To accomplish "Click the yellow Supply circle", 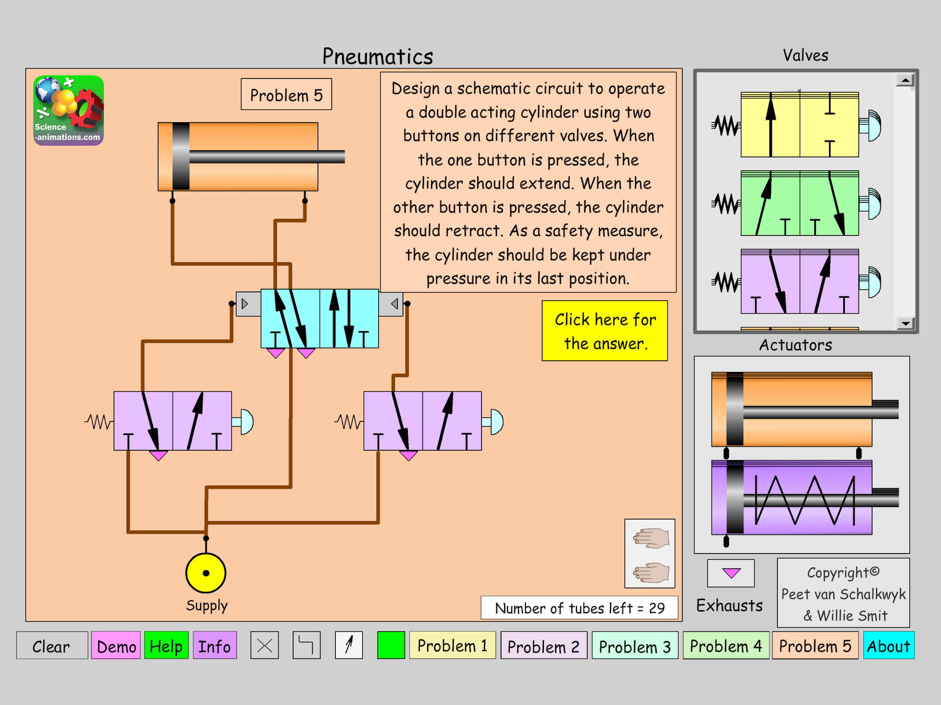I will (206, 573).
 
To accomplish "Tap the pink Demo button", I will (116, 646).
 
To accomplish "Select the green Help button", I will (166, 646).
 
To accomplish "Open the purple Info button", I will (214, 646).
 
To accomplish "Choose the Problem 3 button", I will (634, 646).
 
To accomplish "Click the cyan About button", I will (888, 646).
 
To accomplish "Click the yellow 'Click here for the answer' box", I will (604, 331).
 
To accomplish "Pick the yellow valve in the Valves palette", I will (799, 125).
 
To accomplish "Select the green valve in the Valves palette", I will (799, 203).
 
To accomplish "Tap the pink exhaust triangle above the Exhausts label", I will (731, 573).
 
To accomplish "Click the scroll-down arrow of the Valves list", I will (905, 324).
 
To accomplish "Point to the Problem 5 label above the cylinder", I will (286, 94).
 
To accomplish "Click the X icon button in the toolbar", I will (265, 645).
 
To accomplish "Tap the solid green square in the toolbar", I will (391, 645).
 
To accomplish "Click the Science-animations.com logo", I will (69, 111).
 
